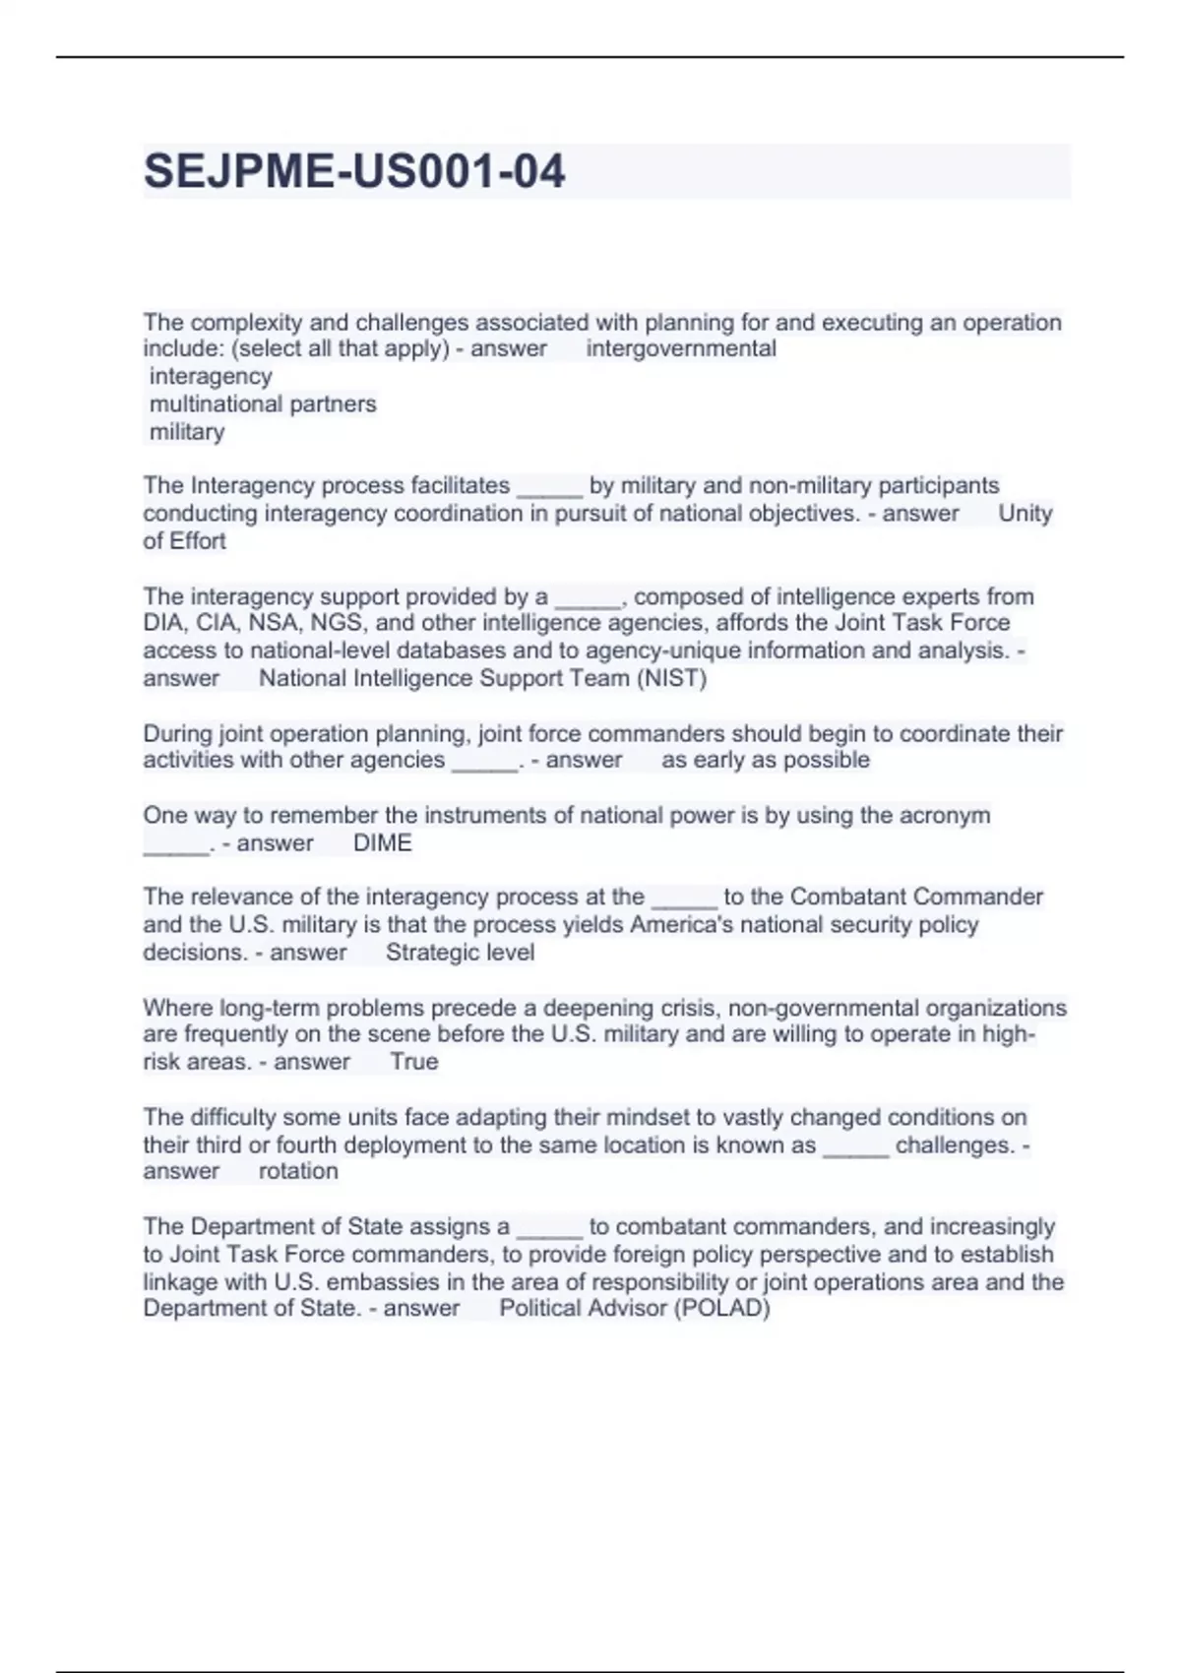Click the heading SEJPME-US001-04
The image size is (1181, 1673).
coord(354,171)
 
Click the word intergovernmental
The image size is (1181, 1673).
coord(681,348)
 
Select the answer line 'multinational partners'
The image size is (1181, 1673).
coord(263,403)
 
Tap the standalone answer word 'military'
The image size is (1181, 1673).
coord(187,431)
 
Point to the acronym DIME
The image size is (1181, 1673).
coord(382,843)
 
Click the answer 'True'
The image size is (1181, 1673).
coord(413,1062)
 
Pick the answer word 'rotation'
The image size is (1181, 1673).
coord(298,1171)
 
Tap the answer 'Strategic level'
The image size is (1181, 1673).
coord(460,953)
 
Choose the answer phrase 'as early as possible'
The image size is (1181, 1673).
coord(766,760)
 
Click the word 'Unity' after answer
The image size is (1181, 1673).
coord(1026,513)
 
